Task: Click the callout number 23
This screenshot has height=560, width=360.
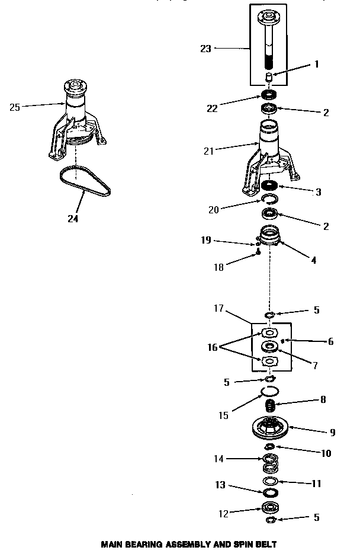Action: click(205, 49)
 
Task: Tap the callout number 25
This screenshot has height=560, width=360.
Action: click(15, 107)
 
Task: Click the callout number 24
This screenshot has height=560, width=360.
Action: click(72, 218)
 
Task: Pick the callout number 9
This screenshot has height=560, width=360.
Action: click(332, 433)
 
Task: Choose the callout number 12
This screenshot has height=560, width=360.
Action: click(223, 514)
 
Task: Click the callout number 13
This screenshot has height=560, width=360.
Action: click(220, 485)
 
